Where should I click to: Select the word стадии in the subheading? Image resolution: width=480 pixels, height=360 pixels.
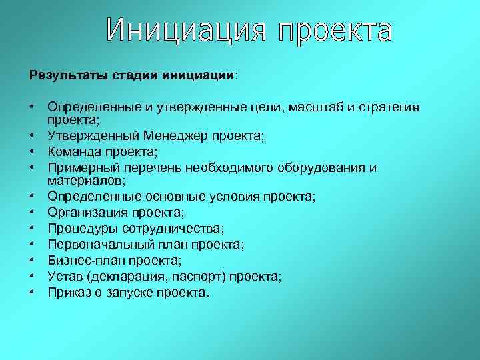(x=126, y=75)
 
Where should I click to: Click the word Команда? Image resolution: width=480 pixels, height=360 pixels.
(x=75, y=151)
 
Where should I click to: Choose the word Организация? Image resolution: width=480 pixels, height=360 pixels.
(x=87, y=213)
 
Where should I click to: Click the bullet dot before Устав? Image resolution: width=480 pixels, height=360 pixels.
(x=31, y=276)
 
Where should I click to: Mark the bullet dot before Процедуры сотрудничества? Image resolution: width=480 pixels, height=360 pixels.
(x=31, y=229)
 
